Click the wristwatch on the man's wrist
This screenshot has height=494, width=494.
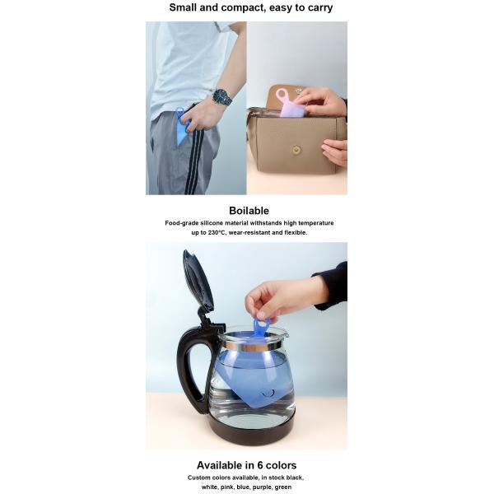coord(222,96)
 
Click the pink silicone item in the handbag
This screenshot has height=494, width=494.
coord(289,104)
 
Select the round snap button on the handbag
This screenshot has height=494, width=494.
coord(296,150)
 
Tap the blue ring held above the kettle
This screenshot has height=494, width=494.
coord(262,325)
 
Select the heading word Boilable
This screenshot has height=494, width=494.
coord(249,211)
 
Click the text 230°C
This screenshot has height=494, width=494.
coord(217,232)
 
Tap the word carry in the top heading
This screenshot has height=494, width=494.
coord(320,7)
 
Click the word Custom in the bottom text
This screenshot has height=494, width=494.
coord(198,478)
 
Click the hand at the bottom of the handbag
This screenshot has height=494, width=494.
coord(335,151)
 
